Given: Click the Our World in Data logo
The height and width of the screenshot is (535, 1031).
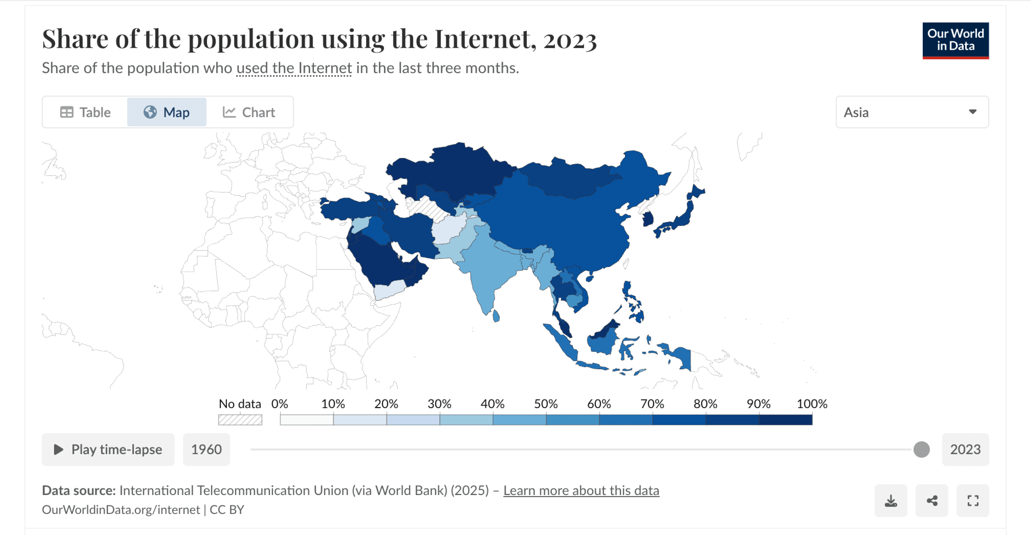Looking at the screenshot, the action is [x=955, y=40].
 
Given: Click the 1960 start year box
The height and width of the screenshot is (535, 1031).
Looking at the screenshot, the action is [x=206, y=449].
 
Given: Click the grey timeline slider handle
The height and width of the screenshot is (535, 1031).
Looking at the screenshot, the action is [x=921, y=449].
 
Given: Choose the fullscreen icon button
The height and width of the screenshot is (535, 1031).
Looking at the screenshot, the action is [x=973, y=501].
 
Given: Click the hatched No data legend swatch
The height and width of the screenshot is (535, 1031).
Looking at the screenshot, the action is [x=240, y=420].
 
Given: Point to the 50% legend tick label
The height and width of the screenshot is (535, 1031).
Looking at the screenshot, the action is [x=546, y=404].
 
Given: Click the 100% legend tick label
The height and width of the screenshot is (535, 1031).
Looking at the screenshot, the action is [x=812, y=404].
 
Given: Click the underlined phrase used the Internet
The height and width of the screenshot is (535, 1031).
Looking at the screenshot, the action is [x=294, y=68].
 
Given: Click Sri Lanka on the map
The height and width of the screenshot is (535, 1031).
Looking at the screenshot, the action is [x=496, y=316].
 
